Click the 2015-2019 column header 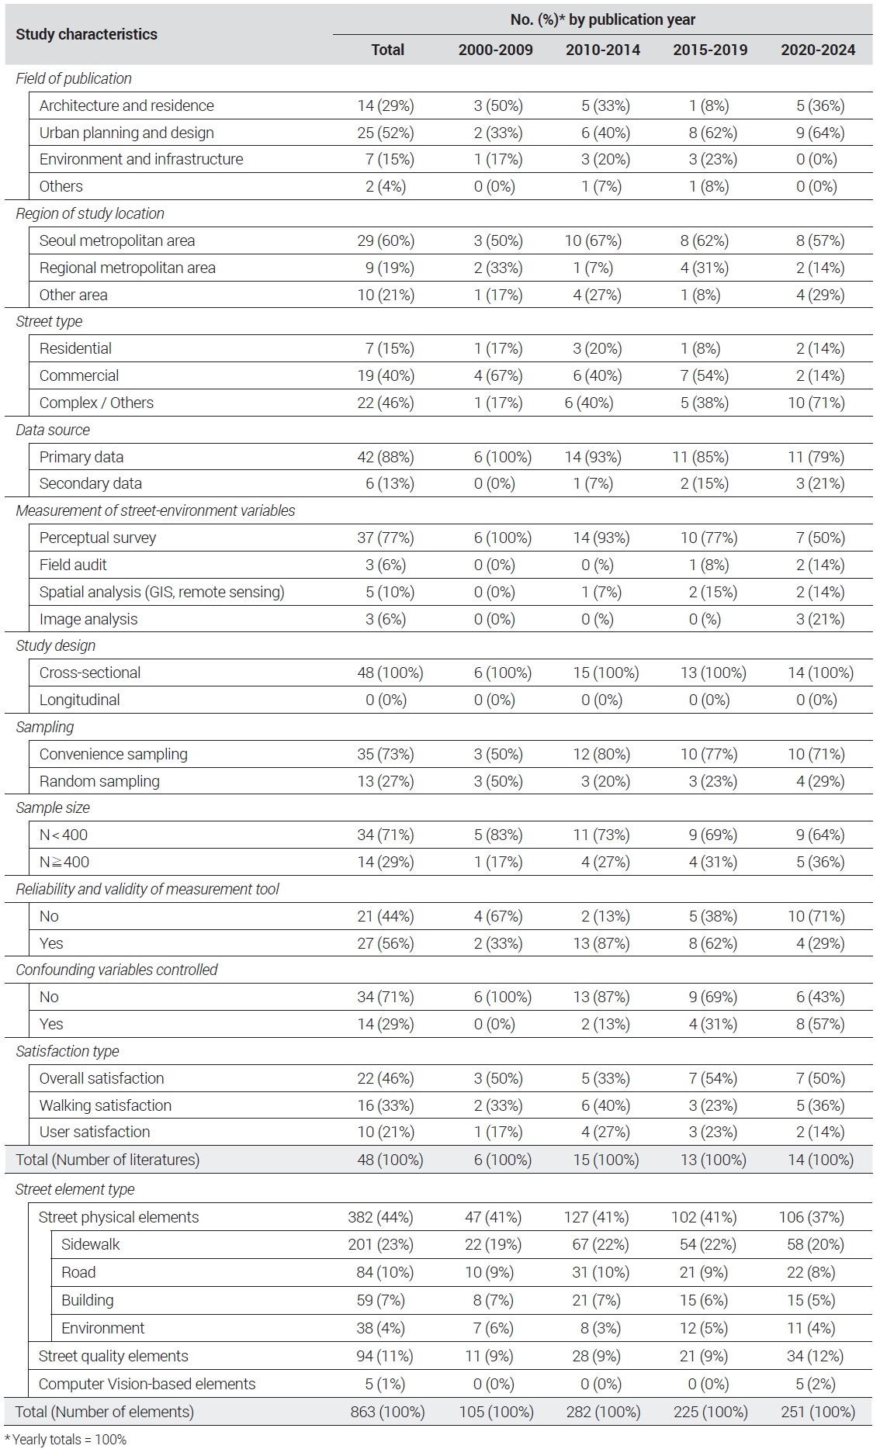(710, 50)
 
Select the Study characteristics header (87, 34)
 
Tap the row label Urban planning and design (126, 133)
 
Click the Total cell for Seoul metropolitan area (386, 240)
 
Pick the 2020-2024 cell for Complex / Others (816, 403)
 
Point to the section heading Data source (53, 430)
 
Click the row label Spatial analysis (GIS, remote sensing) (162, 592)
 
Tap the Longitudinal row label (80, 700)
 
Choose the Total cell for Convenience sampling (386, 754)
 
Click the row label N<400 (64, 835)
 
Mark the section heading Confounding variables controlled (116, 970)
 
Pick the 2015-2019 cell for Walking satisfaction (710, 1105)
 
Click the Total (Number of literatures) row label (108, 1160)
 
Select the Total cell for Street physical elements (381, 1217)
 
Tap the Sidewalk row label (91, 1244)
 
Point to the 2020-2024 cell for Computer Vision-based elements (816, 1384)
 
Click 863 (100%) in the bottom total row (387, 1412)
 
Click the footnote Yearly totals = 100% (69, 1440)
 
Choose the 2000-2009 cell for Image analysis (494, 619)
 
